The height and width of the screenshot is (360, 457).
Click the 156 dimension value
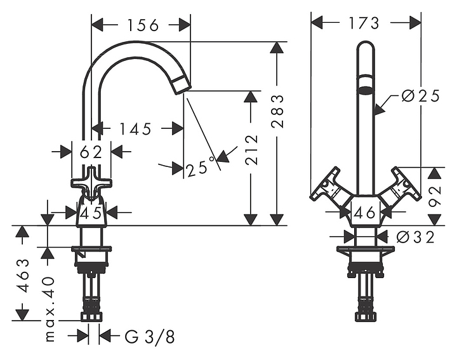[143, 25]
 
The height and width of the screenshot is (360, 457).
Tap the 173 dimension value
[364, 23]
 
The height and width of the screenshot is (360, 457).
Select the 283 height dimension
[277, 111]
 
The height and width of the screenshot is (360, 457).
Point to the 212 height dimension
[251, 150]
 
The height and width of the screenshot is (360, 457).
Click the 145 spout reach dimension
[136, 129]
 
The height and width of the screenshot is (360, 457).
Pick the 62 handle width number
[91, 152]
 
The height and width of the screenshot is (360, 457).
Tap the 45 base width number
[91, 213]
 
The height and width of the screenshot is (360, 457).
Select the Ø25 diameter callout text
[420, 96]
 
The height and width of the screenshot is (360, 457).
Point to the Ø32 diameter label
[416, 237]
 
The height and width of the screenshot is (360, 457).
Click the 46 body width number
[364, 213]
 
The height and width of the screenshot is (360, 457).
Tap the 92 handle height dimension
[435, 196]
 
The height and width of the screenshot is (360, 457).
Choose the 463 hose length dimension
[23, 275]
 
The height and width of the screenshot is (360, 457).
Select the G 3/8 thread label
[150, 337]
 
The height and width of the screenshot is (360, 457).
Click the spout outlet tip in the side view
[183, 84]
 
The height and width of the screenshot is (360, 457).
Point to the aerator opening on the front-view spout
[366, 90]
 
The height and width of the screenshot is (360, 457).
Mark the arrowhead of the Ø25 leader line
[380, 110]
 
